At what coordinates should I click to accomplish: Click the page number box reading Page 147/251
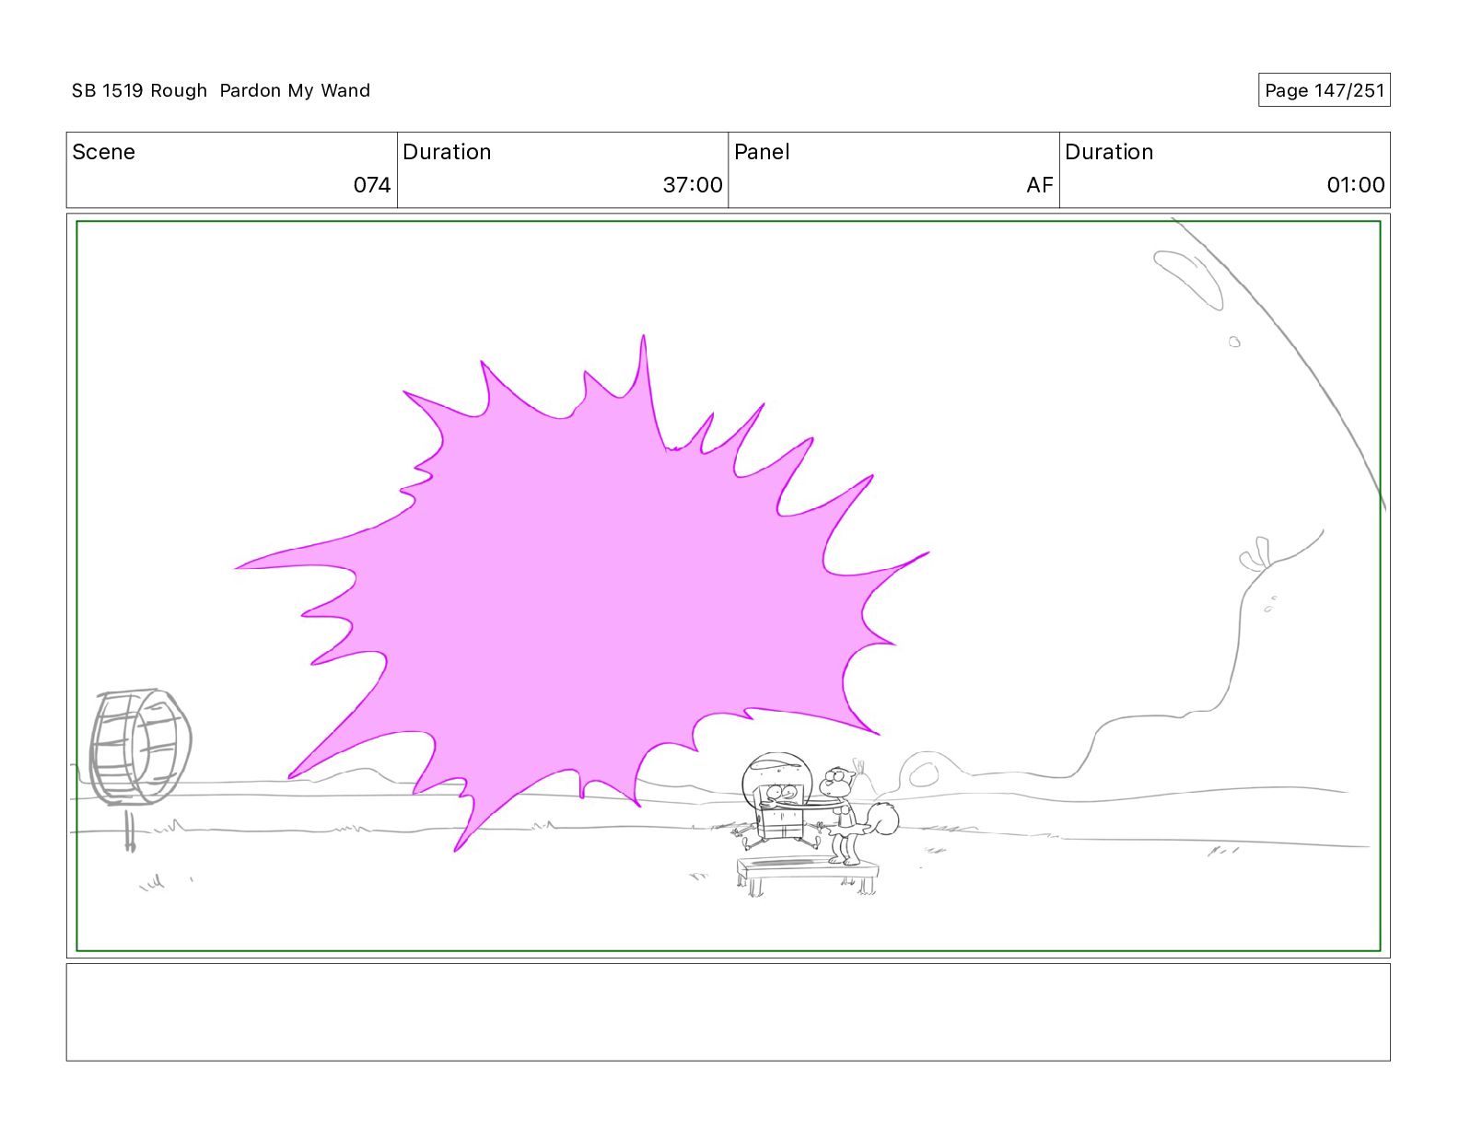pyautogui.click(x=1324, y=90)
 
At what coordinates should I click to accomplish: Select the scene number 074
pyautogui.click(x=372, y=184)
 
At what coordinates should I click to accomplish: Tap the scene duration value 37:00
pyautogui.click(x=693, y=184)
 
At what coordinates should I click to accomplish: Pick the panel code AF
pyautogui.click(x=1039, y=184)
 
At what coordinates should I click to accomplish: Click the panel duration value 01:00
pyautogui.click(x=1356, y=184)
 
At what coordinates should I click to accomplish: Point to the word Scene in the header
pyautogui.click(x=103, y=152)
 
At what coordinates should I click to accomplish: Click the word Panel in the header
pyautogui.click(x=762, y=152)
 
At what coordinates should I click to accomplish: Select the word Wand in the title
pyautogui.click(x=345, y=90)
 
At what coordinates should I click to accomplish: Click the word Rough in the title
pyautogui.click(x=179, y=90)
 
